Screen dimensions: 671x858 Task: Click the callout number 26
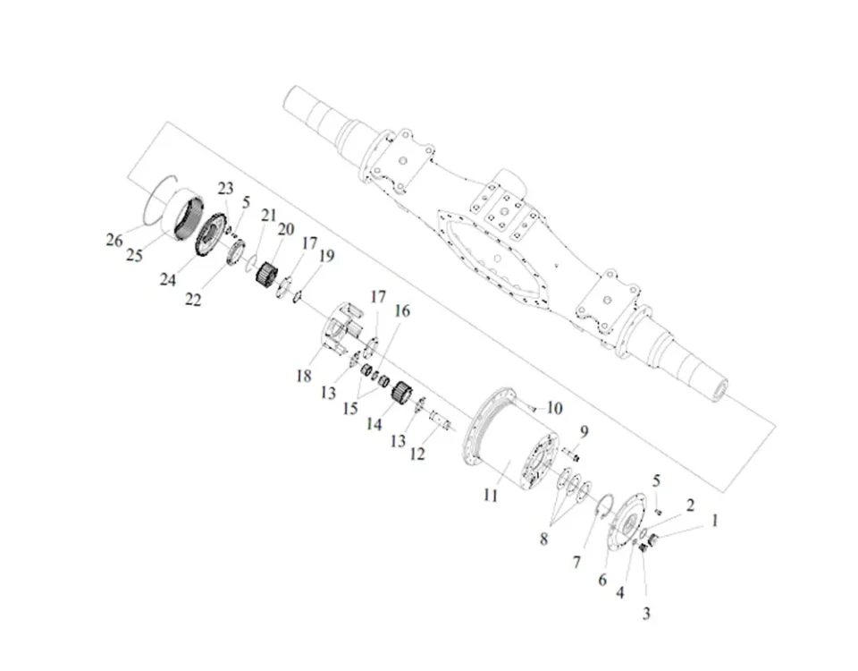[x=114, y=241]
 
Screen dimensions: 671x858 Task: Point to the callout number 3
[x=646, y=614]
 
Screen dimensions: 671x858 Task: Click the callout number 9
[x=583, y=431]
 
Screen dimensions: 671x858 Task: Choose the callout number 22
[x=194, y=300]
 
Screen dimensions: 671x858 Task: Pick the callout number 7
[x=576, y=562]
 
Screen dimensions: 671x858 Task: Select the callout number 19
[x=326, y=256]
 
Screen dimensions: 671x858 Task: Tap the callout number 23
[x=225, y=188]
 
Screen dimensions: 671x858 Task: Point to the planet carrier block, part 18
[x=337, y=332]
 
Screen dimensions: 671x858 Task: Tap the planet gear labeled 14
[x=401, y=391]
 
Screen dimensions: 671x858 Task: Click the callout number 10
[x=554, y=408]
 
